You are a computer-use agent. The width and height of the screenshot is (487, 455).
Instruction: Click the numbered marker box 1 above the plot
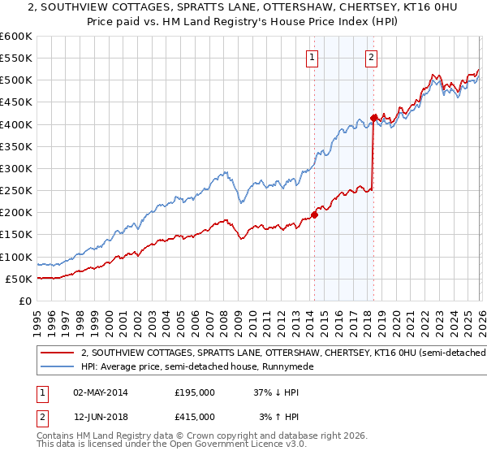click(x=312, y=57)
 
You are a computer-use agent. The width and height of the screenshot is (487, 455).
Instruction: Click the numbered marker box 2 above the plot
click(x=371, y=57)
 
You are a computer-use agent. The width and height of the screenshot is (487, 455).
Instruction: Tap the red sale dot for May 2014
click(x=314, y=215)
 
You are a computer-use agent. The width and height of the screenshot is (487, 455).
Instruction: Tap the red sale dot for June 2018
click(x=373, y=119)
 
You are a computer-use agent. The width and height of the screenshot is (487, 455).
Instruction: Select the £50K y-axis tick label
click(x=19, y=279)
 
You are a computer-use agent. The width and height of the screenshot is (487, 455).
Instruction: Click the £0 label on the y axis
click(x=24, y=301)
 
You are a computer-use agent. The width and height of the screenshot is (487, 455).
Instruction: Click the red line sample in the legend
click(x=57, y=353)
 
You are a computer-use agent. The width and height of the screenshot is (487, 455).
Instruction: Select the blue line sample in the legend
click(x=57, y=367)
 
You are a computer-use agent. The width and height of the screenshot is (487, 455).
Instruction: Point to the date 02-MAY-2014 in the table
click(x=100, y=392)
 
